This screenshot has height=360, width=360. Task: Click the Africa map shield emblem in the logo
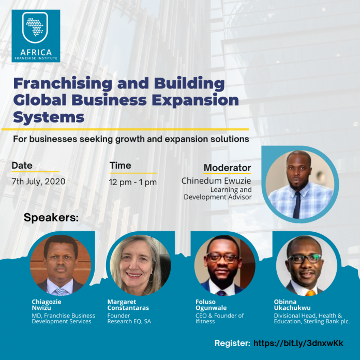(x=35, y=27)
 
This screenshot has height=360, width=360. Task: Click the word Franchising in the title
(x=63, y=84)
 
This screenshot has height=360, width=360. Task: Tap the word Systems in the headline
(x=49, y=117)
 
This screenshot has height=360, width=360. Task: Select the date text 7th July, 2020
(x=39, y=182)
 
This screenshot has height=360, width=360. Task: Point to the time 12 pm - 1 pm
(x=133, y=182)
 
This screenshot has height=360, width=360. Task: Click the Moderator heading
(x=227, y=168)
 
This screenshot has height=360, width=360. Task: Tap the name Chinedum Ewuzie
(x=216, y=181)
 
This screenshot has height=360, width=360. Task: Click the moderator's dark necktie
(x=296, y=205)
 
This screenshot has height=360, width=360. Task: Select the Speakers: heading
(x=51, y=217)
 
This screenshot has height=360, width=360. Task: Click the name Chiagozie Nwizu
(x=47, y=305)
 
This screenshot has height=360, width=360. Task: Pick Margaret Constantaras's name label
(x=128, y=305)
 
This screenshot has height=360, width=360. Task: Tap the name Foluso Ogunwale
(x=211, y=305)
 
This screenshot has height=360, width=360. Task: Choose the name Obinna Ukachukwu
(x=292, y=305)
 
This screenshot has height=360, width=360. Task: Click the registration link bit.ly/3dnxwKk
(x=298, y=343)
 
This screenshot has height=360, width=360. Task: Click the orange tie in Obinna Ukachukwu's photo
(x=311, y=293)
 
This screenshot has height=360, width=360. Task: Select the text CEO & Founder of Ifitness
(x=219, y=319)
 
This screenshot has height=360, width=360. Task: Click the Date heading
(x=22, y=166)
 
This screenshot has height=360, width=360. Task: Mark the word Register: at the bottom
(x=232, y=343)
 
